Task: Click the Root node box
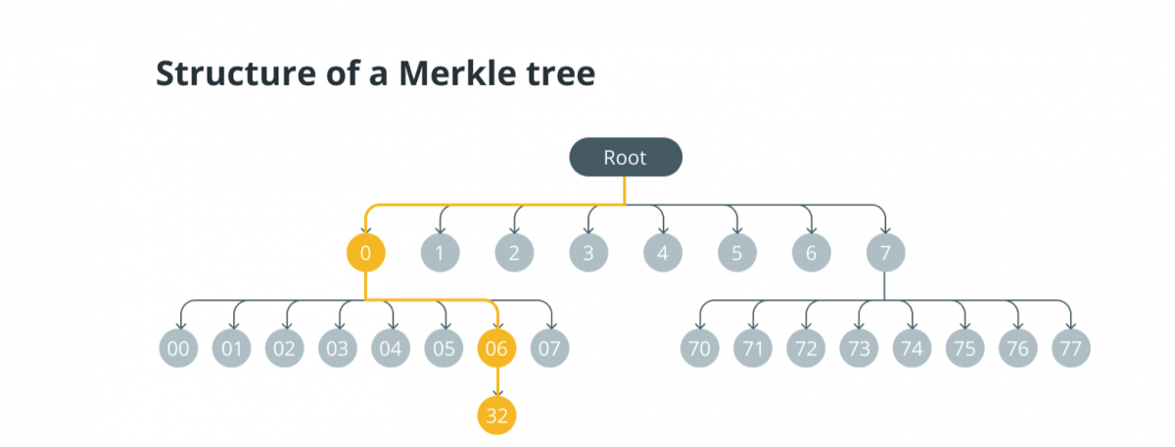pyautogui.click(x=626, y=158)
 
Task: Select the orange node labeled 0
pyautogui.click(x=365, y=254)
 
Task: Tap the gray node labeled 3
pyautogui.click(x=588, y=254)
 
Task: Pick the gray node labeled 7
pyautogui.click(x=885, y=254)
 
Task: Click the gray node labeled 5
pyautogui.click(x=737, y=254)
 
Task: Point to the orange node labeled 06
pyautogui.click(x=497, y=347)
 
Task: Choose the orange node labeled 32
pyautogui.click(x=497, y=415)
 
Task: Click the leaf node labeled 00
pyautogui.click(x=179, y=347)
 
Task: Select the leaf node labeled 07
pyautogui.click(x=550, y=347)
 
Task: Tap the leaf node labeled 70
pyautogui.click(x=700, y=347)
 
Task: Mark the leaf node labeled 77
pyautogui.click(x=1071, y=347)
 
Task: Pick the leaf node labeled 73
pyautogui.click(x=859, y=347)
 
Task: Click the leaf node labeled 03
pyautogui.click(x=338, y=347)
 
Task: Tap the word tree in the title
pyautogui.click(x=559, y=74)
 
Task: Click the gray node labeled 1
pyautogui.click(x=440, y=254)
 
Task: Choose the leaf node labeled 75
pyautogui.click(x=964, y=347)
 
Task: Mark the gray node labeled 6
pyautogui.click(x=811, y=254)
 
